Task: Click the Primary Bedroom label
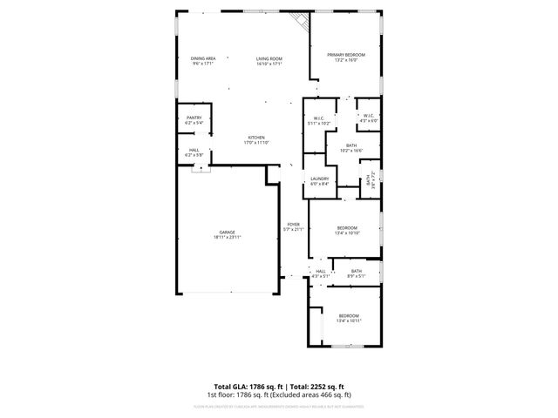346,55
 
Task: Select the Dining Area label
203,58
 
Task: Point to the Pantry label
194,118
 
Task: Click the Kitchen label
255,138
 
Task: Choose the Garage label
227,232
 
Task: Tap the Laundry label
319,179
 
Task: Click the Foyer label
294,225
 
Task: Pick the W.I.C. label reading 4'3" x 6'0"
368,116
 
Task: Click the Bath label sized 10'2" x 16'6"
351,145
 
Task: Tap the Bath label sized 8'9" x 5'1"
357,271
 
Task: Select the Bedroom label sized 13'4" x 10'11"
349,315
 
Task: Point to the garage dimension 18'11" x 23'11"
227,237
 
